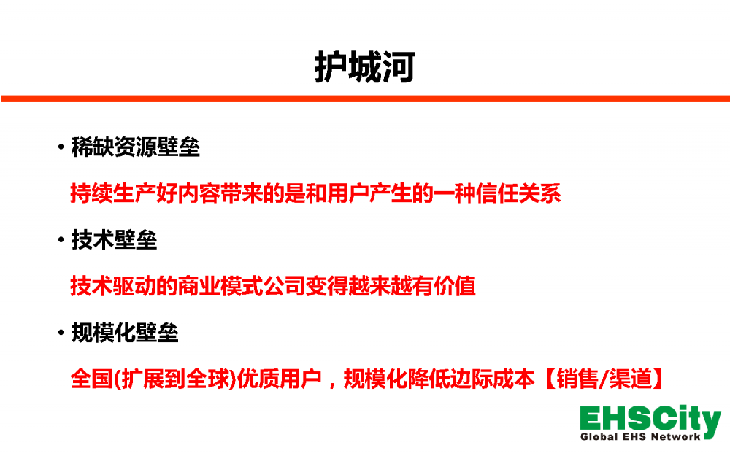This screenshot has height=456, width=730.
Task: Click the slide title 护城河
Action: click(364, 67)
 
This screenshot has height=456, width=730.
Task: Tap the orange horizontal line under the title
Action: click(365, 98)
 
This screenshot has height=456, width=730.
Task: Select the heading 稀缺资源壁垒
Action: click(136, 147)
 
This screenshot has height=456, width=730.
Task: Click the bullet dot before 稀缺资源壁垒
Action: click(61, 147)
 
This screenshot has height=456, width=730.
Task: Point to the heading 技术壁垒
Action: click(114, 240)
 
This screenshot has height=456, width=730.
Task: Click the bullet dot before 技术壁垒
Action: click(61, 240)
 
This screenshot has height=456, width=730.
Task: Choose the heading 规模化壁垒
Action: click(125, 333)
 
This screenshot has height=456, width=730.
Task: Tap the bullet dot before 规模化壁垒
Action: click(61, 333)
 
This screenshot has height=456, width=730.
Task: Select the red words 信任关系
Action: click(519, 193)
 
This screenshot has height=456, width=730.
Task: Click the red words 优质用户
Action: click(280, 379)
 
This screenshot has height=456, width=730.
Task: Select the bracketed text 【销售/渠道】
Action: click(604, 379)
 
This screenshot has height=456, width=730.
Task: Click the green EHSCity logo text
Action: click(650, 420)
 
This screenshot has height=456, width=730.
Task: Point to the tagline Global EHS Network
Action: click(640, 436)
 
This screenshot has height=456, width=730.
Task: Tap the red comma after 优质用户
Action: click(332, 384)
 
